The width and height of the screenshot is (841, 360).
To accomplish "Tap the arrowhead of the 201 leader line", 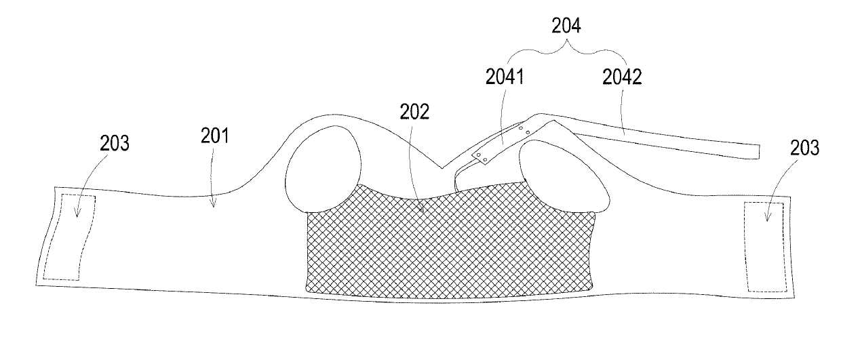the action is (x=213, y=204).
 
